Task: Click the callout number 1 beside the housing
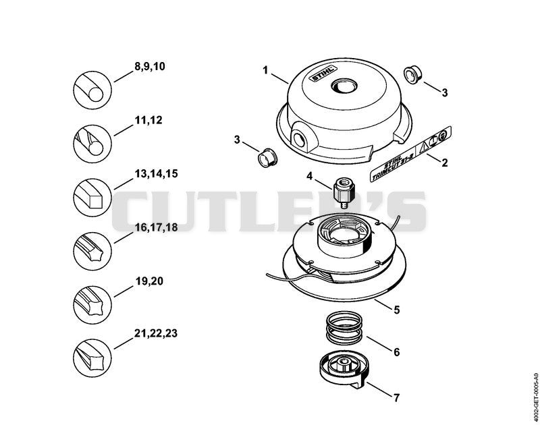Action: (x=265, y=70)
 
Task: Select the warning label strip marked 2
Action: (x=410, y=154)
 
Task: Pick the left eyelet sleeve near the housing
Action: (x=268, y=158)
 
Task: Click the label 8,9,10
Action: (x=149, y=66)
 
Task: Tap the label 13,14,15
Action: (x=156, y=174)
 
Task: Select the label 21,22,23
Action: (x=156, y=333)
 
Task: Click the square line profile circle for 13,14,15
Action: (x=92, y=198)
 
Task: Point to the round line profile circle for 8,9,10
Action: (x=92, y=90)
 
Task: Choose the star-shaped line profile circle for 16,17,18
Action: (x=92, y=251)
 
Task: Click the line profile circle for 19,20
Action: (x=92, y=305)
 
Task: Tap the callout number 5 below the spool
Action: (x=397, y=310)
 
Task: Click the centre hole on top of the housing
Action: (x=344, y=86)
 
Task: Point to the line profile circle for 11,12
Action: (x=92, y=144)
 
